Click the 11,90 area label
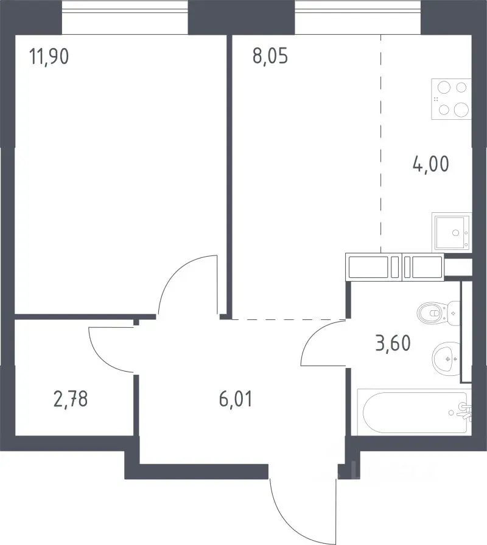(49, 57)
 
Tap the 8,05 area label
(270, 57)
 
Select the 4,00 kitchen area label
(430, 164)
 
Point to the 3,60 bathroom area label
(393, 343)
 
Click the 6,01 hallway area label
(236, 398)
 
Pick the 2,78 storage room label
(71, 398)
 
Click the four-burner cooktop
(451, 99)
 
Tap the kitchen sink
(452, 232)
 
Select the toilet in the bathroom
(439, 313)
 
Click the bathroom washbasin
(446, 359)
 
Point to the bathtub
(414, 412)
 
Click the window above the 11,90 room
(125, 18)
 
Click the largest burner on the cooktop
(461, 110)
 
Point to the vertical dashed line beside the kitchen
(380, 144)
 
